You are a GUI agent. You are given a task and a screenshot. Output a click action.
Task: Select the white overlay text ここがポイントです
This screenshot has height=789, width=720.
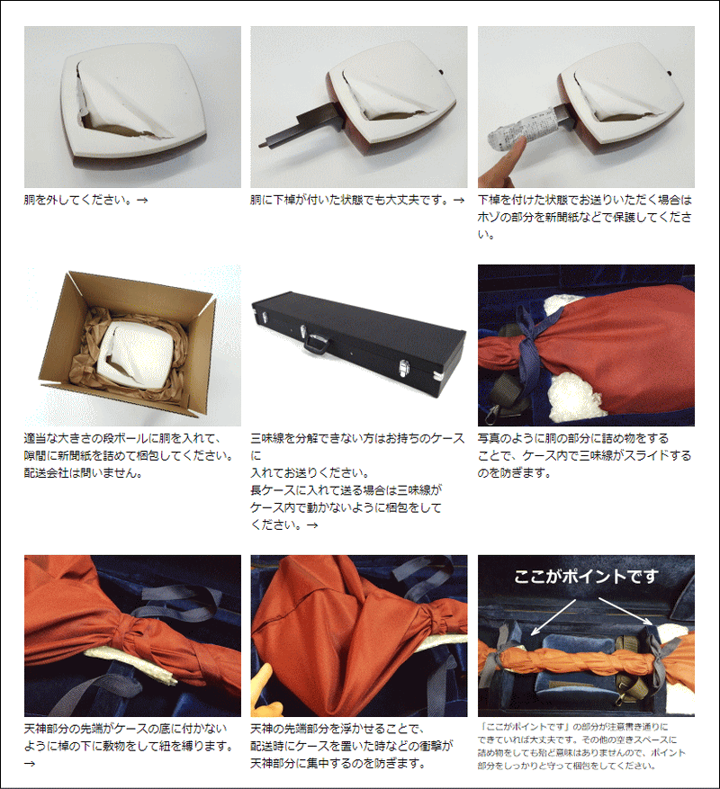[x=586, y=577]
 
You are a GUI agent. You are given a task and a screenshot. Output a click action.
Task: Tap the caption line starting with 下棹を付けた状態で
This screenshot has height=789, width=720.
[x=585, y=200]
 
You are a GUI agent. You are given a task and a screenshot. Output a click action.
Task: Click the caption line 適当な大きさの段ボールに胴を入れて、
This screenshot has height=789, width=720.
[x=122, y=439]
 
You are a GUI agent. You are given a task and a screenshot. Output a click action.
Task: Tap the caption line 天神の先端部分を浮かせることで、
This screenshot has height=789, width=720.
[x=337, y=729]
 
